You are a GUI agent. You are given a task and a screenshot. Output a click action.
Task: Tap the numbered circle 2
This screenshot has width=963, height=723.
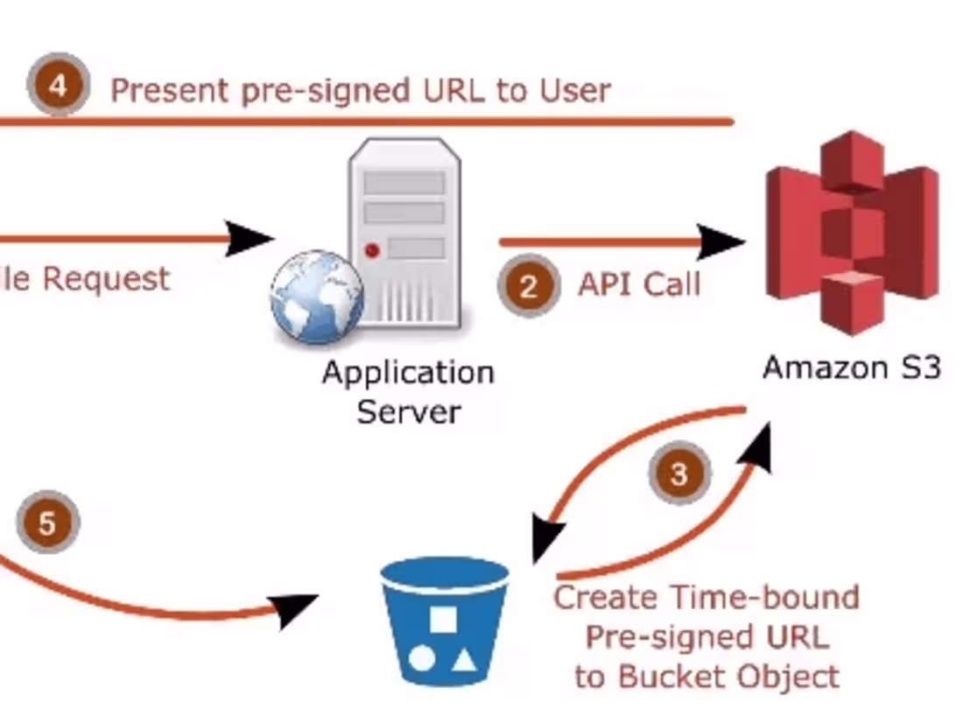(527, 286)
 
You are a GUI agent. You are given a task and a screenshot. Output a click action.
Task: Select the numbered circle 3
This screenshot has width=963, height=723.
(679, 474)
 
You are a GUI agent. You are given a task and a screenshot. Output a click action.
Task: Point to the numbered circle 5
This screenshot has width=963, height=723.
(47, 523)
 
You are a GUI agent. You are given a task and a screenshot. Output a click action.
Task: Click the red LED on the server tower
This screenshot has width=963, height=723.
(372, 251)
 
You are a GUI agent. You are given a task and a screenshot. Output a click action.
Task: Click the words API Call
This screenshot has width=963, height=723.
(639, 284)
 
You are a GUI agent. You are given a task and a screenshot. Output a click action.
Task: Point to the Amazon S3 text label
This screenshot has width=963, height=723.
(851, 367)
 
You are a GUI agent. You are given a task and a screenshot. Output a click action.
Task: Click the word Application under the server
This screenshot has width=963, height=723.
(408, 373)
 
